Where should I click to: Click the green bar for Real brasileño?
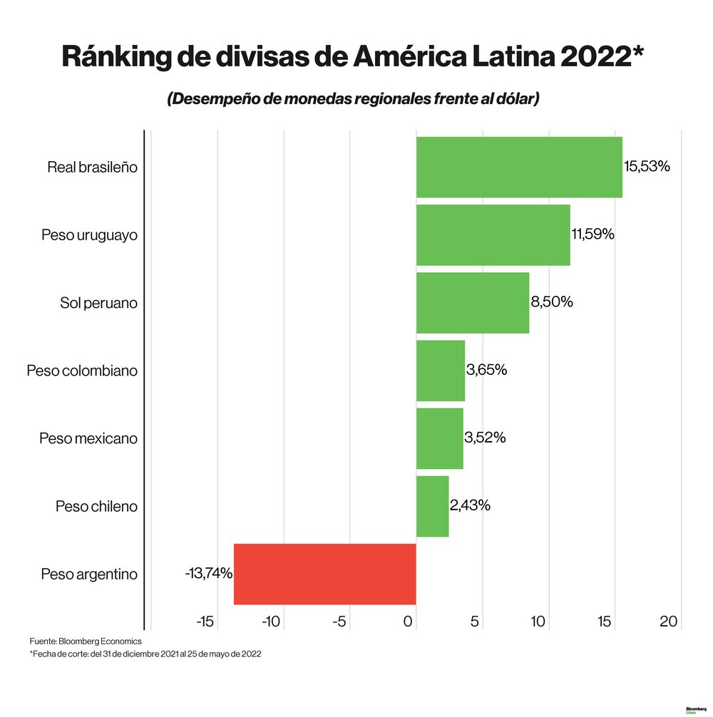pos(518,167)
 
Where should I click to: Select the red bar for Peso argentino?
pos(324,574)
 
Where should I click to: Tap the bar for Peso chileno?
pos(432,506)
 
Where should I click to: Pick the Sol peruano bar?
pos(472,302)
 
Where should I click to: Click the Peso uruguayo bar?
pos(493,235)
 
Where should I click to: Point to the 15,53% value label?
pos(647,167)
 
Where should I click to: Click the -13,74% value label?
pos(209,573)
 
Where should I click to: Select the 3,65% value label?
pos(486,370)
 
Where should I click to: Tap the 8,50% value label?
pos(551,301)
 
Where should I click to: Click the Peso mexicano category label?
pos(88,438)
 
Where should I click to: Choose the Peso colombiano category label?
pos(82,371)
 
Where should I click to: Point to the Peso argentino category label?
pos(89,574)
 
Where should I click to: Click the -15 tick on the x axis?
pos(205,621)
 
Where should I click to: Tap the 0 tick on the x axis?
pos(409,621)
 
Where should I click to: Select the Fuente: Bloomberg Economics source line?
pos(86,641)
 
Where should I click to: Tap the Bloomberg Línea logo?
pos(695,710)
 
